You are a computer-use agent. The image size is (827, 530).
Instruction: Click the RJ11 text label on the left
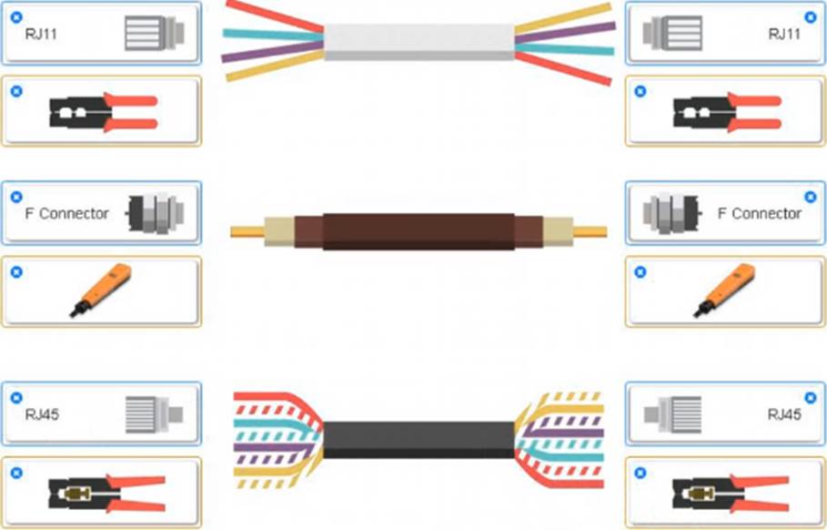click(x=41, y=35)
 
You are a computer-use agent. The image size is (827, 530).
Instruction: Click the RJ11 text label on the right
click(x=784, y=35)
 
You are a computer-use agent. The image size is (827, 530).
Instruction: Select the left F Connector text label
click(x=66, y=213)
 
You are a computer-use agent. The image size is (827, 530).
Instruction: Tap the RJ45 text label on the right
click(x=784, y=414)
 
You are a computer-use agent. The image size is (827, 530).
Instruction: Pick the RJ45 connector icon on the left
click(x=154, y=414)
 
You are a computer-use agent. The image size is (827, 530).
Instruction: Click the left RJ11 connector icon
click(x=155, y=34)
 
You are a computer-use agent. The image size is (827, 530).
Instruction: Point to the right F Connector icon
click(x=671, y=214)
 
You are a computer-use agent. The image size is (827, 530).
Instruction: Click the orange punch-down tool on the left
click(x=101, y=290)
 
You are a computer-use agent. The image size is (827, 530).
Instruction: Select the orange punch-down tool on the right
click(x=724, y=290)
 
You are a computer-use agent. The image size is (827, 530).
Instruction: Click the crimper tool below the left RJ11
click(x=104, y=112)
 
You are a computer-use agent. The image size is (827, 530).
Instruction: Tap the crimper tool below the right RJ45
click(x=730, y=493)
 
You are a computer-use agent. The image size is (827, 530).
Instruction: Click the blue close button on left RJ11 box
click(x=16, y=17)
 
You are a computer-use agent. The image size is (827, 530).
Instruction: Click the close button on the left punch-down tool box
click(x=16, y=272)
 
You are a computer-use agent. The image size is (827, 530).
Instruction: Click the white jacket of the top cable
click(x=419, y=42)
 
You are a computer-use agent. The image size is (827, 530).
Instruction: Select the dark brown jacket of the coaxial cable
click(x=419, y=231)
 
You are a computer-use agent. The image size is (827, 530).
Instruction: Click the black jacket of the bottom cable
click(x=419, y=440)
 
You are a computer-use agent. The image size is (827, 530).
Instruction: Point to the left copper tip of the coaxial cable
click(x=247, y=231)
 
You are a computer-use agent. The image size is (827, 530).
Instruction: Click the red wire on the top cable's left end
click(x=274, y=15)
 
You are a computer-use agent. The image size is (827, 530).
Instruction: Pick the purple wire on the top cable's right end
click(x=565, y=34)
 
